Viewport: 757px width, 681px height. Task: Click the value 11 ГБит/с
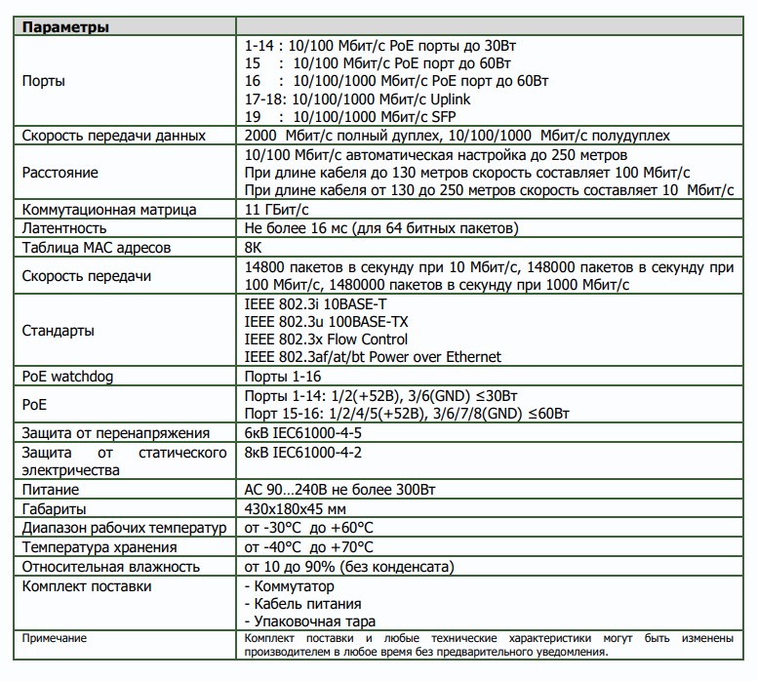(x=277, y=210)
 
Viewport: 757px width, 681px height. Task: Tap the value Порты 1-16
(x=282, y=376)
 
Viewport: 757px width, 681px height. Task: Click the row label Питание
(x=51, y=490)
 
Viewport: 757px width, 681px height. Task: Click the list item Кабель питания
(x=300, y=604)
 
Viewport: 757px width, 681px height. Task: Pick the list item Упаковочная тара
(x=308, y=621)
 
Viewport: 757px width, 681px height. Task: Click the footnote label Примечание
(x=55, y=638)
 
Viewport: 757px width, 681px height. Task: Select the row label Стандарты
(x=58, y=331)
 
